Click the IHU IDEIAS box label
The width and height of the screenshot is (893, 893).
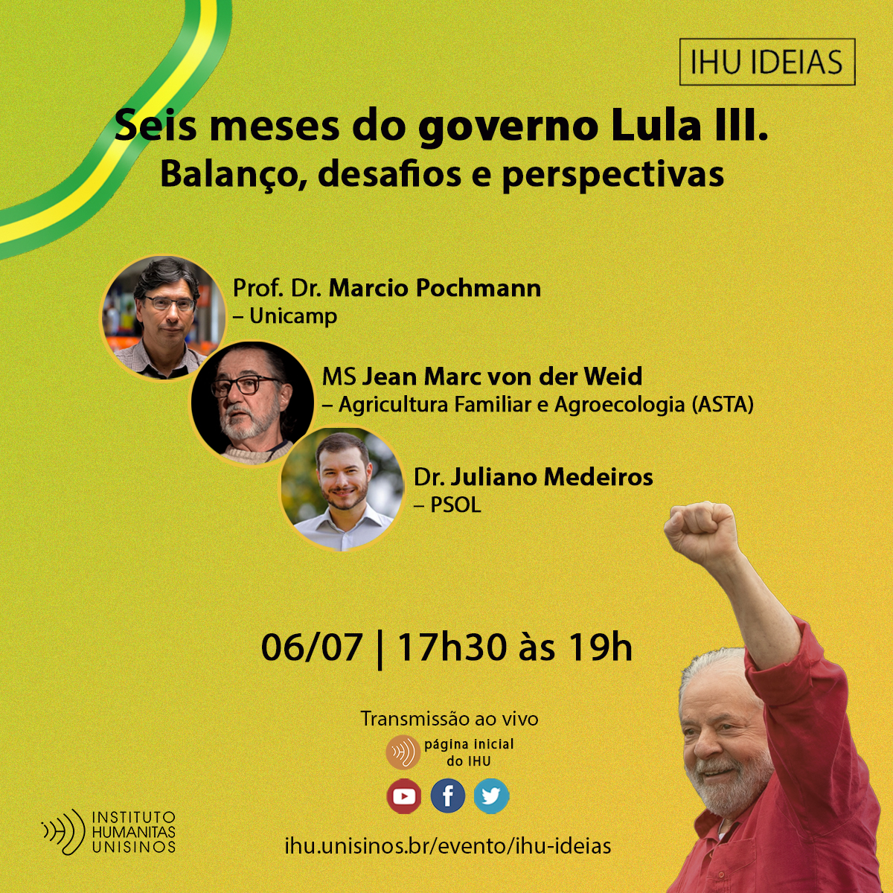[x=766, y=63]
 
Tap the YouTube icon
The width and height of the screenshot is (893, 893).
[x=404, y=796]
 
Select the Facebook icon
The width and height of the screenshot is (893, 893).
[x=448, y=796]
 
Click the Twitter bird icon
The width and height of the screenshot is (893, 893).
[x=491, y=796]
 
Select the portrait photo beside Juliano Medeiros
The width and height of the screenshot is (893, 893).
[x=342, y=489]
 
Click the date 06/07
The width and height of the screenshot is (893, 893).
[x=312, y=647]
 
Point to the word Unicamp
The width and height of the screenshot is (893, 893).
[x=293, y=316]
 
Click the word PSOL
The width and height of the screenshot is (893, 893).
[x=455, y=505]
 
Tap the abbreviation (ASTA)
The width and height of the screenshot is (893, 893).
[x=723, y=405]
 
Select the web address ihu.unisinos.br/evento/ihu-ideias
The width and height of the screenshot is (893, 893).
[x=448, y=846]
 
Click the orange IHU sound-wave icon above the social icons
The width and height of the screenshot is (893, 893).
[x=403, y=752]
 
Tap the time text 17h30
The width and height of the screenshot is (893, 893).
[x=452, y=647]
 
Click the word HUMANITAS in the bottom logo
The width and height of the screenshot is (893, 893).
[x=134, y=832]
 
